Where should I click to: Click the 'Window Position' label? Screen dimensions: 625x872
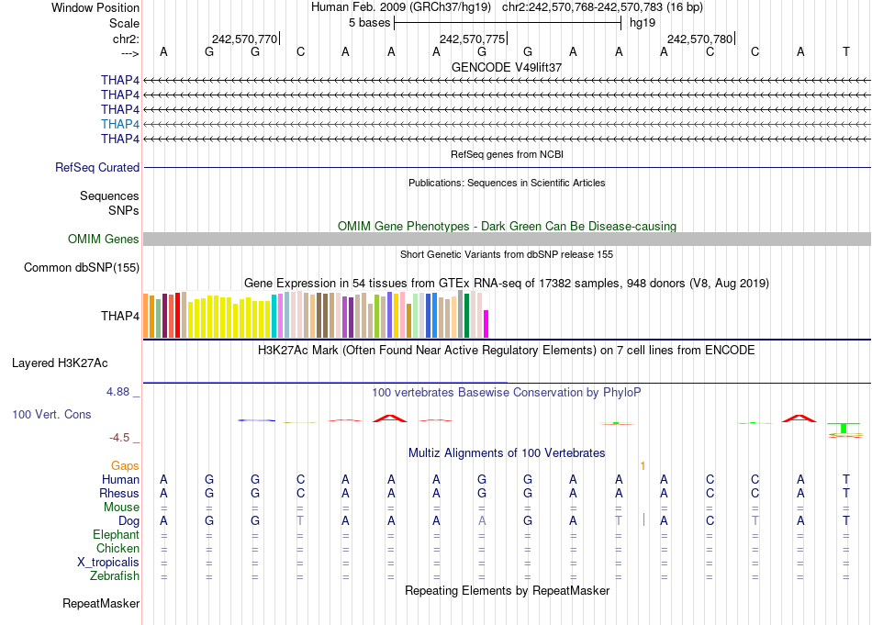(95, 7)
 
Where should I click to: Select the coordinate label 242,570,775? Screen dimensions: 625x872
(472, 39)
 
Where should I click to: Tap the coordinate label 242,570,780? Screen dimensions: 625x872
(699, 39)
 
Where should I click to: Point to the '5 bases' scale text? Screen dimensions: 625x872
(369, 23)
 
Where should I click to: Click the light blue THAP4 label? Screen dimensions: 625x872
(120, 124)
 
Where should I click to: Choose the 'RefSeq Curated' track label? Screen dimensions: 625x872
(97, 168)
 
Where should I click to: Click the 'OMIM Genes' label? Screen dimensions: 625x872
(104, 240)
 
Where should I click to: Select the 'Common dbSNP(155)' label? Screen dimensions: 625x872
(82, 268)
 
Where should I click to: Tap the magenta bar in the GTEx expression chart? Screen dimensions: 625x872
(486, 324)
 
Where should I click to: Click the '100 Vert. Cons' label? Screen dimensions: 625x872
(51, 415)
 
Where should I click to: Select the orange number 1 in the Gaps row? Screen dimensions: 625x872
(643, 466)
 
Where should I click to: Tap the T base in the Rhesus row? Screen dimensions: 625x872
(845, 494)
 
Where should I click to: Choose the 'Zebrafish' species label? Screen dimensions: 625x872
(115, 576)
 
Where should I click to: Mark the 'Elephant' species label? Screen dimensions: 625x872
(116, 535)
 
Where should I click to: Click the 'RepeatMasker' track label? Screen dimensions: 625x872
(101, 604)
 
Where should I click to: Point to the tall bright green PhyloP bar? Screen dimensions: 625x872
(843, 428)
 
